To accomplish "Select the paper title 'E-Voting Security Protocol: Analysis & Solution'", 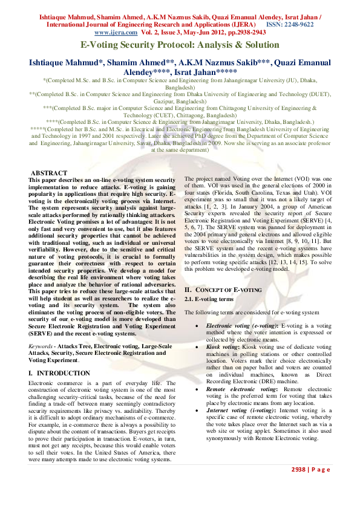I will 180,45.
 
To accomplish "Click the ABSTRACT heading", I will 49,173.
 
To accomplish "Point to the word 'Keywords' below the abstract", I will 41,346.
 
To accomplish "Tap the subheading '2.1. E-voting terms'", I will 209,299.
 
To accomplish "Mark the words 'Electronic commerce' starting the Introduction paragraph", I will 55,383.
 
